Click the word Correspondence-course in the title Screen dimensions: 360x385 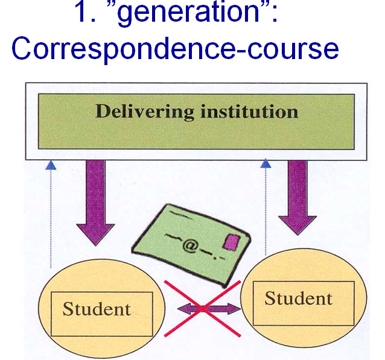coord(175,49)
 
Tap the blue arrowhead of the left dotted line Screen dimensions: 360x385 coord(51,164)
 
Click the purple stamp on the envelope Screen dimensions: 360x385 coord(231,242)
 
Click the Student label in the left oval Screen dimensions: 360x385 coord(97,309)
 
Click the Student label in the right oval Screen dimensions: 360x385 coord(298,298)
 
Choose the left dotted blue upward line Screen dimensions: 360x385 coord(51,217)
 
